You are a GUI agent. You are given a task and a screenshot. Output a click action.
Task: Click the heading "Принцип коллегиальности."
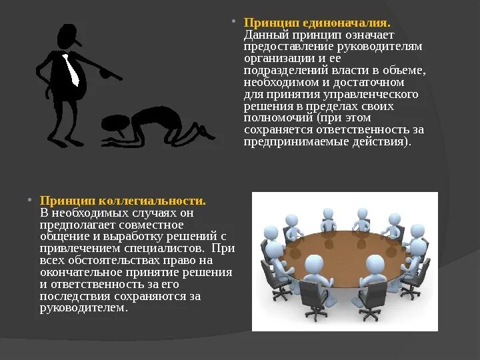coord(123,201)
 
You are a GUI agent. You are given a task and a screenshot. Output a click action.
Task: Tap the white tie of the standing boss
coord(71,70)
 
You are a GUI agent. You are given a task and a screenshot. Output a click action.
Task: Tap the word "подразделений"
coord(283,70)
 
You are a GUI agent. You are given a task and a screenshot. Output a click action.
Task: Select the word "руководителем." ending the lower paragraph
coord(83,308)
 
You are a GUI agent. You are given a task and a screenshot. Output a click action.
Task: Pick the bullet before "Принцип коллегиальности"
coord(30,200)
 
